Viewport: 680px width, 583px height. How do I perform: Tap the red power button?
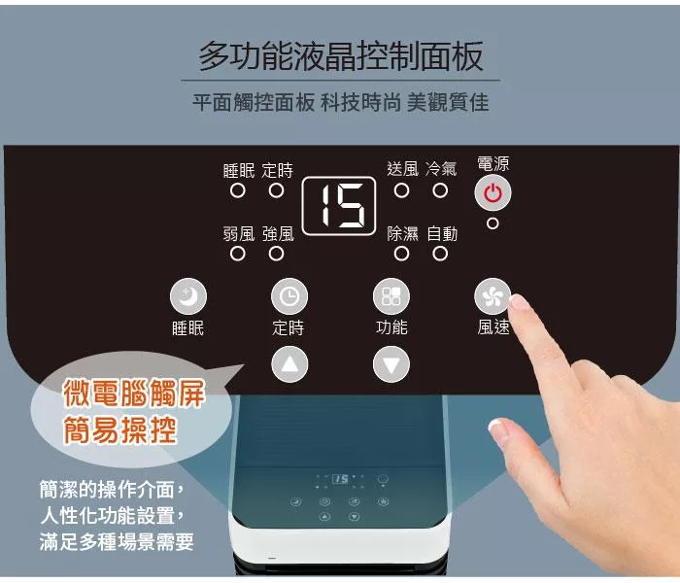point(493,192)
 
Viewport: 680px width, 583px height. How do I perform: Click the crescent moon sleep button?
point(188,296)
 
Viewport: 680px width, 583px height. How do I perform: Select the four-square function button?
point(391,296)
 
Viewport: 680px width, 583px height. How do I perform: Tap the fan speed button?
point(493,296)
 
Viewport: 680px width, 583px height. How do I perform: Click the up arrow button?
point(289,364)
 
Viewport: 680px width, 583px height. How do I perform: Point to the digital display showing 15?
point(339,206)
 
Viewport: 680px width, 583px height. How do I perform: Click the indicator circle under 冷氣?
point(440,190)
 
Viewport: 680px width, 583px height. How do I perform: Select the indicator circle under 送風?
point(401,190)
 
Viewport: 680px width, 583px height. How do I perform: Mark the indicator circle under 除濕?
point(401,254)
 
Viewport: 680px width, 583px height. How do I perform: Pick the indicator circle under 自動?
point(440,254)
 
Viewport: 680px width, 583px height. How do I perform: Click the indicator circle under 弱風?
point(238,254)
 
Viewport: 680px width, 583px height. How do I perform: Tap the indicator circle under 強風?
point(276,254)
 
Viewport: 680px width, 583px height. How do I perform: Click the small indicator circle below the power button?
point(493,223)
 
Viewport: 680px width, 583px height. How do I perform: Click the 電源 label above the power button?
point(493,163)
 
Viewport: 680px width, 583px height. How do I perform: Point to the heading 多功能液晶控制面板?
point(341,56)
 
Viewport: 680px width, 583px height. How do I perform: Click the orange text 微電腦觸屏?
point(134,393)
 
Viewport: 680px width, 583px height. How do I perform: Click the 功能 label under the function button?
point(391,327)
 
